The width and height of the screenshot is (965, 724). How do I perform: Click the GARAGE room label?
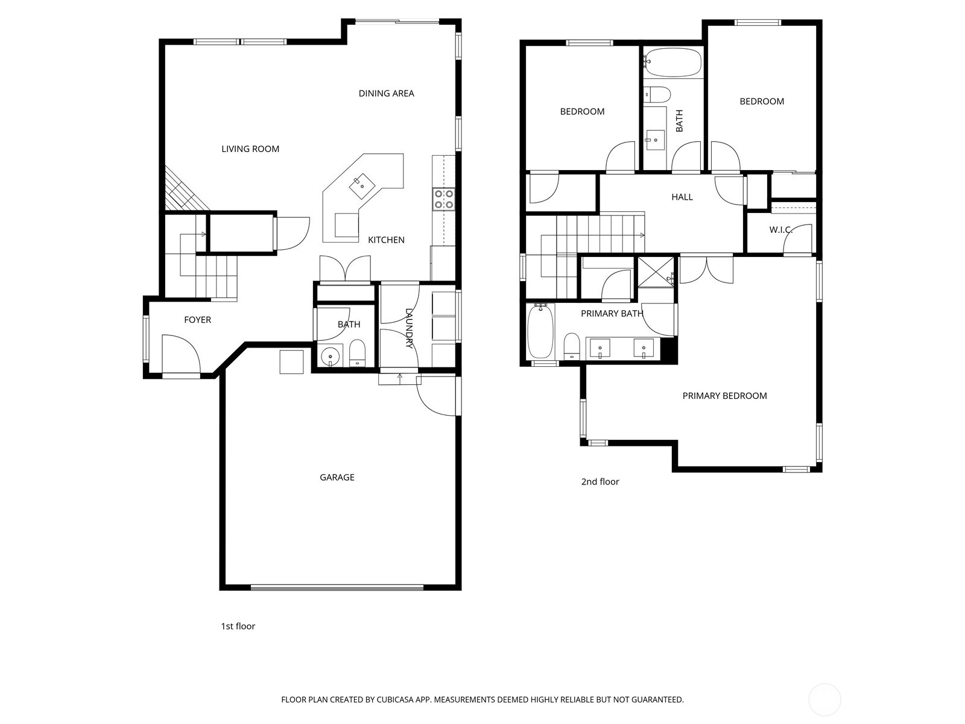[337, 477]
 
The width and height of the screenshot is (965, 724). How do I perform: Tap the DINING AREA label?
[386, 94]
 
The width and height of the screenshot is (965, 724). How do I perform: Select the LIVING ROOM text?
[250, 149]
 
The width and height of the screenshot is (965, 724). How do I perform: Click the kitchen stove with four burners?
[443, 199]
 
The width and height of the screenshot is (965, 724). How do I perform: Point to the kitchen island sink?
[362, 182]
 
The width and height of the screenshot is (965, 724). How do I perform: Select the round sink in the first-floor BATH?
[330, 357]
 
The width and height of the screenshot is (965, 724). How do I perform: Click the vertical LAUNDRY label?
[409, 329]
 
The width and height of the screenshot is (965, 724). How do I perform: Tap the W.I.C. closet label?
[781, 230]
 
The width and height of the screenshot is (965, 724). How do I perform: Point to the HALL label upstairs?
[682, 197]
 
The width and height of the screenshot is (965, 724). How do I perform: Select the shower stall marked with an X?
[656, 271]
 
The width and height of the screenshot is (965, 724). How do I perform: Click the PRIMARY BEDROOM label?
[724, 396]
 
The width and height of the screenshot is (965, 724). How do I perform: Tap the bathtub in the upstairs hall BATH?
[673, 62]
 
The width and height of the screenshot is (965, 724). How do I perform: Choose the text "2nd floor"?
[600, 481]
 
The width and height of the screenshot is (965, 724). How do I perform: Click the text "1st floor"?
[238, 626]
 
